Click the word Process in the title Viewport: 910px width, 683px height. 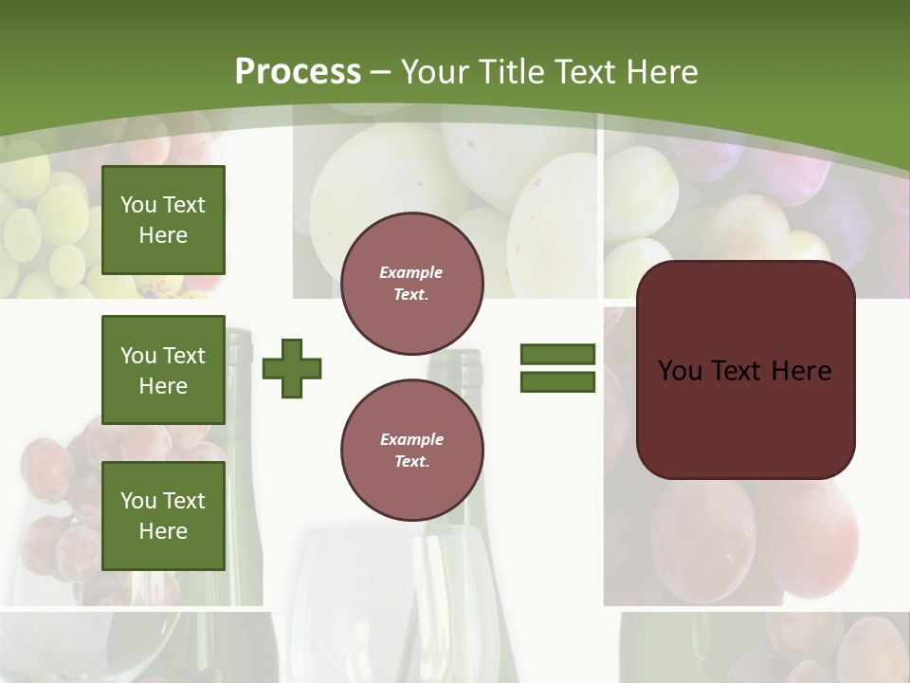click(x=298, y=72)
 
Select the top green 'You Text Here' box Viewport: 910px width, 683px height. click(x=163, y=220)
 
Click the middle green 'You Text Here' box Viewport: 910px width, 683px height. click(x=163, y=370)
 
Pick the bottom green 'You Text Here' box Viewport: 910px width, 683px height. click(x=163, y=516)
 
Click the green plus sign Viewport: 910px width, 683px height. click(x=292, y=368)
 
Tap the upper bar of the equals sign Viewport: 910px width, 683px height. click(x=557, y=354)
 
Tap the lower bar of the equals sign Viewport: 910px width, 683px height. click(x=557, y=382)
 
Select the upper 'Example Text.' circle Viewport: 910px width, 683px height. click(x=411, y=284)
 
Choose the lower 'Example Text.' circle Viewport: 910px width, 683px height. click(x=411, y=451)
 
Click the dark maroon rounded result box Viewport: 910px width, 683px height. click(x=745, y=370)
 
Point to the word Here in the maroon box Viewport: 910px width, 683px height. click(x=801, y=371)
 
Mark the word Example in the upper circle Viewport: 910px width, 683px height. click(x=410, y=272)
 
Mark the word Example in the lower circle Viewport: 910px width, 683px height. click(x=411, y=439)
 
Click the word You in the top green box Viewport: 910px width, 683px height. click(x=138, y=205)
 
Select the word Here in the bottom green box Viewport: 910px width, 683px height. click(x=163, y=531)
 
